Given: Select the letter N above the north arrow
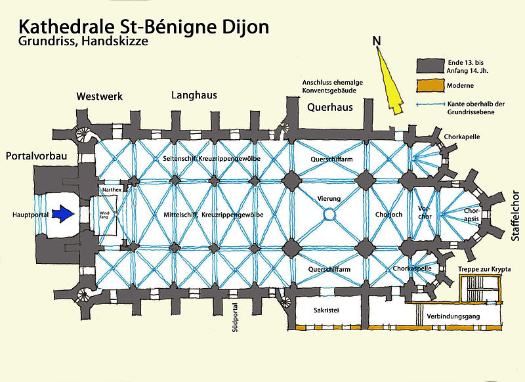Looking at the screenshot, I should (x=376, y=41).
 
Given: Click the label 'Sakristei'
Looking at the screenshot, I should (x=326, y=311).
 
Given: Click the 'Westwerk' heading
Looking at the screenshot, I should (x=100, y=96).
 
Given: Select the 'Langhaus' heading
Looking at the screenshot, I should (x=194, y=95).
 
